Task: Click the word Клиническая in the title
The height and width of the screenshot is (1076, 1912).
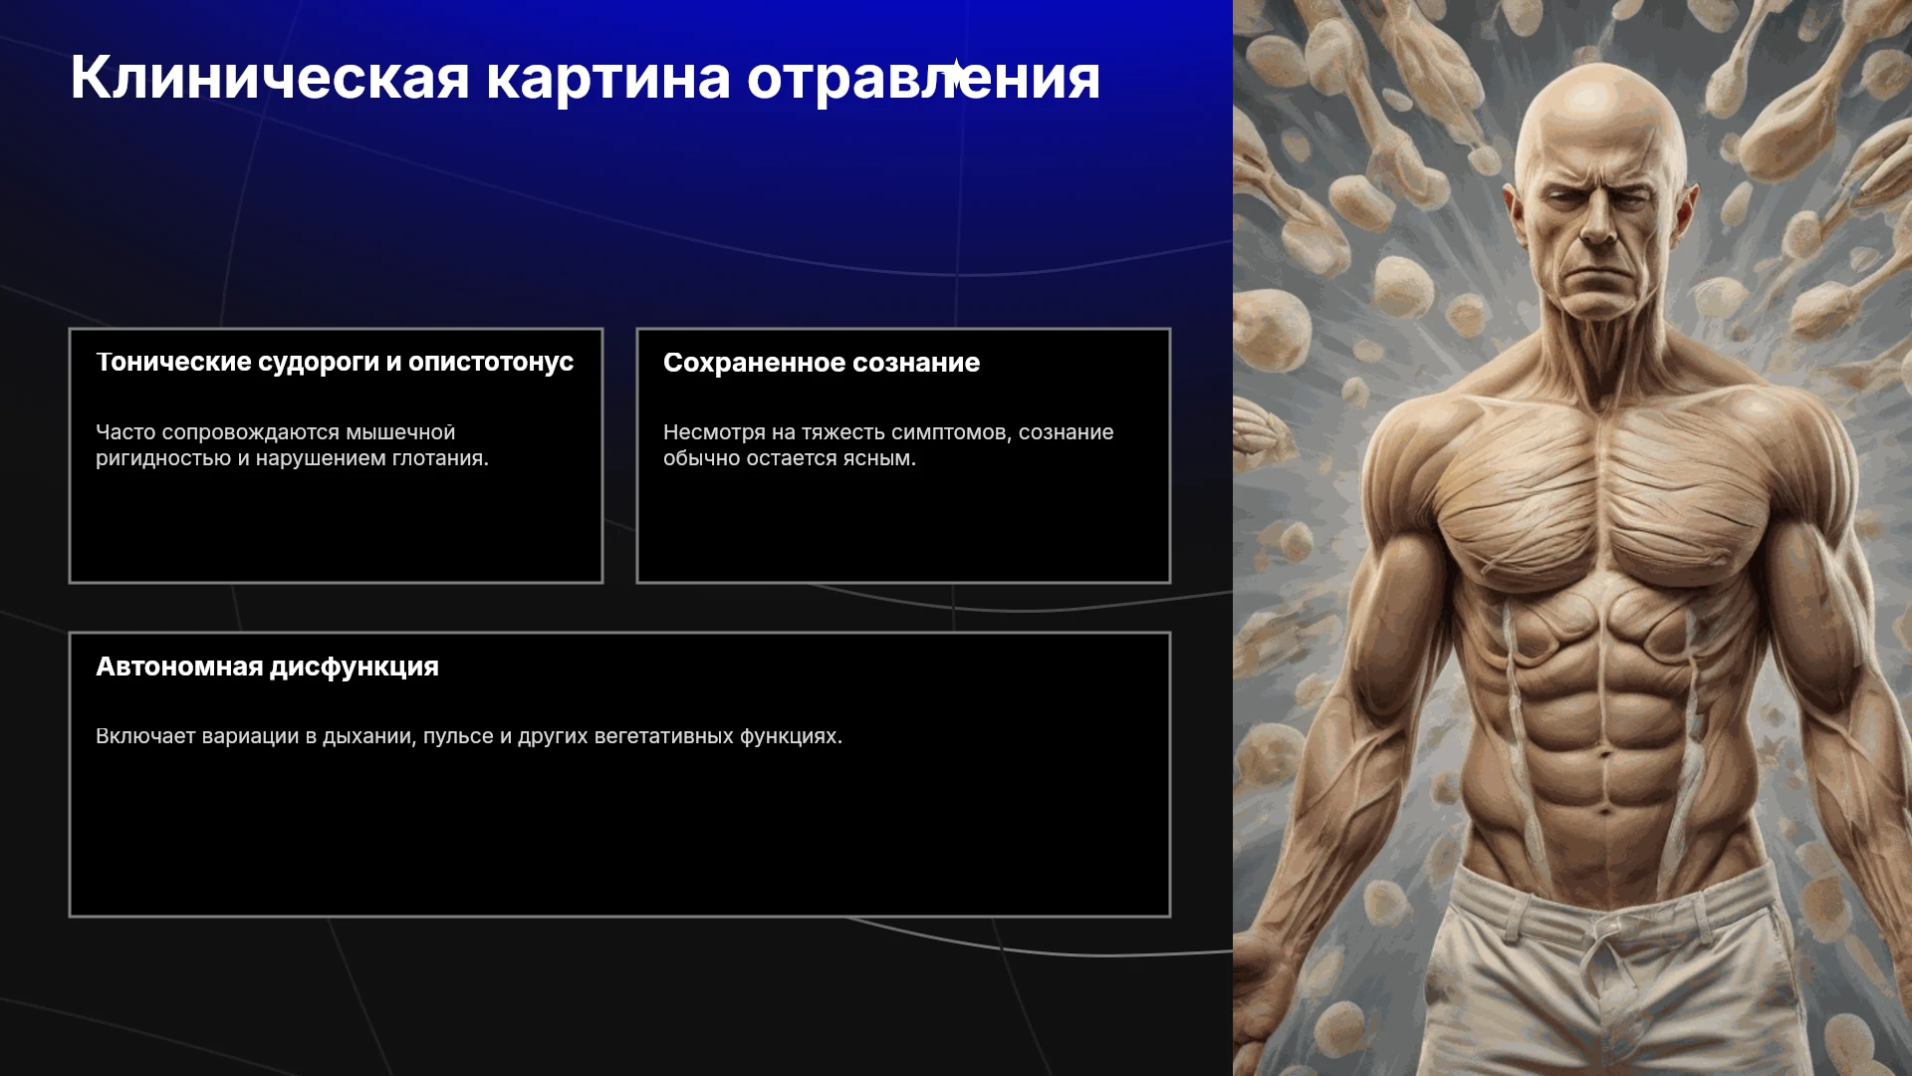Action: pos(270,78)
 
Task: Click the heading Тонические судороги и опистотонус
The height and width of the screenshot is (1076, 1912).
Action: pos(335,362)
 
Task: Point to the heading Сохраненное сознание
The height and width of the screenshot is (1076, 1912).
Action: pos(822,363)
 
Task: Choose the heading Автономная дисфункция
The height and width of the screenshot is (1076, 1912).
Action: pos(267,667)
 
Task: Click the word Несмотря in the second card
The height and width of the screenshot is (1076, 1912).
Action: pos(714,432)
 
